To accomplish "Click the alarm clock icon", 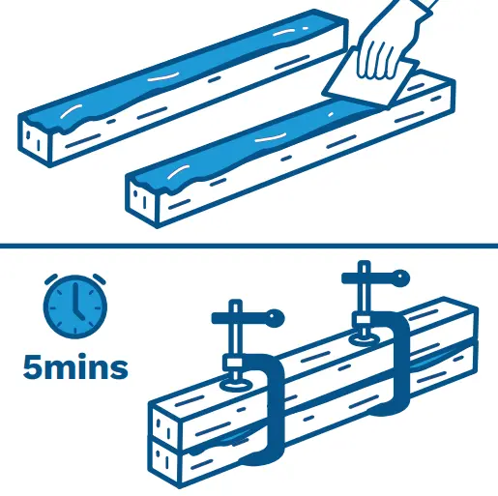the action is point(75,306).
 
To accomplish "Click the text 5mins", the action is point(75,367).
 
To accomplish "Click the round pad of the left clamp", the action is point(236,385).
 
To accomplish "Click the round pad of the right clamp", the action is point(366,339).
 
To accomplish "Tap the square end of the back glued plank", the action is point(34,139).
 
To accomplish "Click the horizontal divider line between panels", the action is point(249,247).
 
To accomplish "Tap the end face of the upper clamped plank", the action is point(165,425).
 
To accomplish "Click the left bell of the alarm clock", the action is point(51,279).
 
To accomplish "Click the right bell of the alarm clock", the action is point(100,279).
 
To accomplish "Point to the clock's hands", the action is point(76,303).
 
